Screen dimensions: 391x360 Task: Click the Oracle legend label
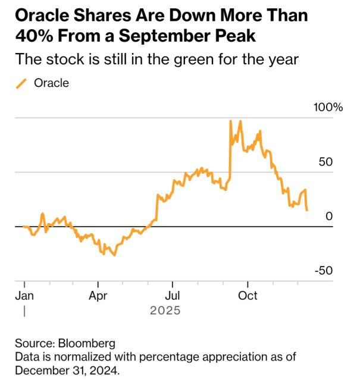coord(52,83)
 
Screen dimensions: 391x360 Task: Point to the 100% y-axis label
coord(330,108)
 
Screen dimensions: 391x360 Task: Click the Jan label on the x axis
coord(24,296)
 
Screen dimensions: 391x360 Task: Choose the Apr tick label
coord(98,296)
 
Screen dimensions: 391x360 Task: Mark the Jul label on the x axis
coord(172,296)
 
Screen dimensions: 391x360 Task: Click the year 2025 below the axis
coord(165,311)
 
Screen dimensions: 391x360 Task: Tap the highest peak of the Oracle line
coord(230,121)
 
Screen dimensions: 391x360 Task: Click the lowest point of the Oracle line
coord(114,255)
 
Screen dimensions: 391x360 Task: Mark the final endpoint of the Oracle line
coord(307,210)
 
